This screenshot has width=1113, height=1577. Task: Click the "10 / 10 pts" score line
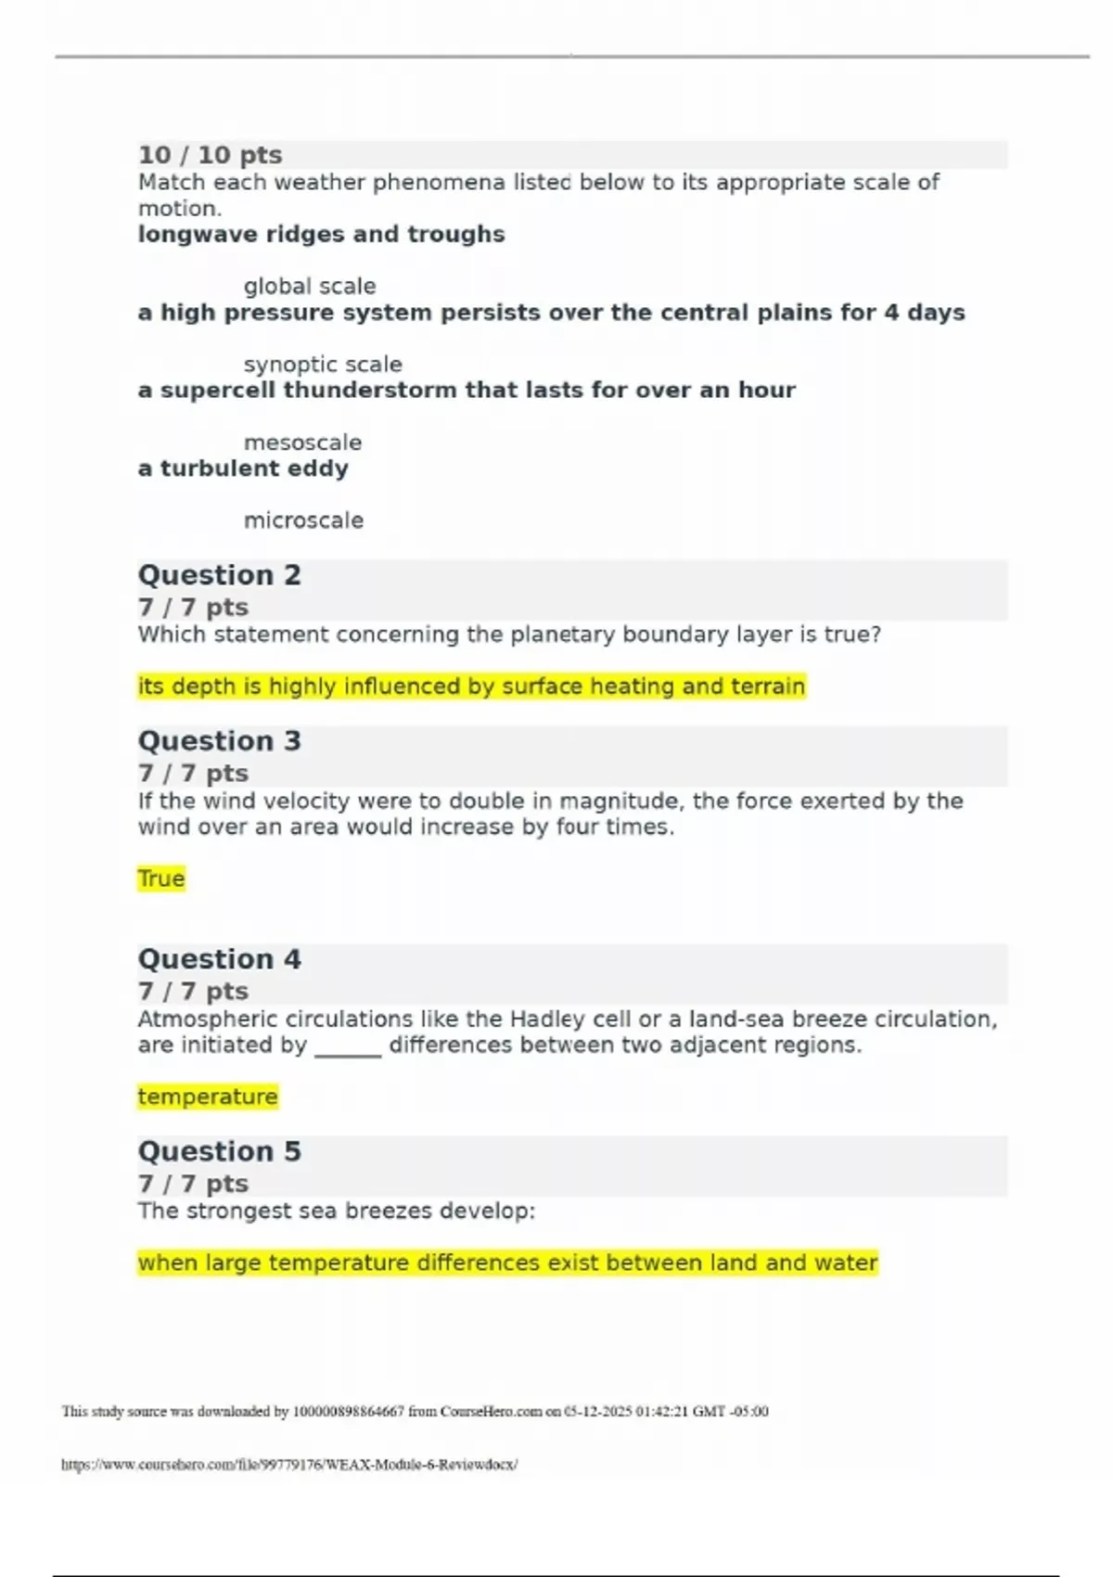click(211, 155)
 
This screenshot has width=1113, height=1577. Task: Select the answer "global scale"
click(310, 287)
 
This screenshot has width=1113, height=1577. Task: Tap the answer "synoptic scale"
click(323, 365)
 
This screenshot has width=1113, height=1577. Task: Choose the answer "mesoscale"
click(302, 442)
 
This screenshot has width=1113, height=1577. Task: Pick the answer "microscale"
click(303, 520)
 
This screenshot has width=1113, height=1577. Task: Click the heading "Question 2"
click(220, 575)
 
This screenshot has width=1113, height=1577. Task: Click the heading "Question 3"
click(220, 741)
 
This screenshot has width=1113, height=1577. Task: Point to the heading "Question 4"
click(220, 959)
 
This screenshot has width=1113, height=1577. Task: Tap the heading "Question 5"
click(220, 1151)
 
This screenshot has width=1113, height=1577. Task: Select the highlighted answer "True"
click(161, 878)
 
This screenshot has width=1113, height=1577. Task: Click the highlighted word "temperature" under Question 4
click(208, 1096)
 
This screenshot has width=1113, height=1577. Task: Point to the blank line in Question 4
click(348, 1048)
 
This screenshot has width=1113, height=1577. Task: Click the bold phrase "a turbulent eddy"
click(243, 468)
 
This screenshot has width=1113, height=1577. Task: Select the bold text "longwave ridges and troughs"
click(321, 235)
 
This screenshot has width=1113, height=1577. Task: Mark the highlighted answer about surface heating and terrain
click(471, 686)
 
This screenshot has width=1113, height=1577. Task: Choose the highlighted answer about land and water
click(507, 1263)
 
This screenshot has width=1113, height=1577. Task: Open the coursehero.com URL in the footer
click(289, 1465)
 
